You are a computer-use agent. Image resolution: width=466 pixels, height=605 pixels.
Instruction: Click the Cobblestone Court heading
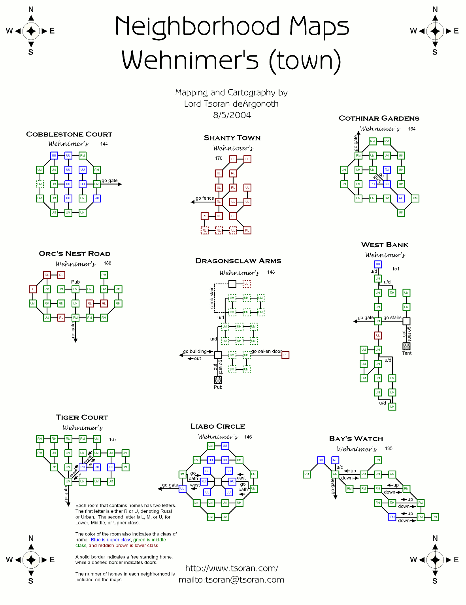click(69, 134)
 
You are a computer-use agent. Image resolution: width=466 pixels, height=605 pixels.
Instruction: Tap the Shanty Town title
click(232, 138)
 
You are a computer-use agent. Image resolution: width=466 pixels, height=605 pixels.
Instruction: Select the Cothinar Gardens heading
click(379, 118)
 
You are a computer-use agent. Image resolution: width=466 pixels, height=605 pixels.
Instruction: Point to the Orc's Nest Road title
click(74, 254)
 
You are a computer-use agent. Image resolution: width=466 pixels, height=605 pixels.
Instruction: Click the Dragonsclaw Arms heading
click(238, 261)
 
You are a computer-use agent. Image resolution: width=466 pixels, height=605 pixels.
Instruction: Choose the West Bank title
click(385, 245)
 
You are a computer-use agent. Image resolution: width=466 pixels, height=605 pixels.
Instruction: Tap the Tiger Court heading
click(82, 418)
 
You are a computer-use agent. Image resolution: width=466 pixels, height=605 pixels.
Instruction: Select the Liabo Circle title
click(217, 426)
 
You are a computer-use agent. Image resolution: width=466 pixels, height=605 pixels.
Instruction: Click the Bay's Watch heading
click(356, 439)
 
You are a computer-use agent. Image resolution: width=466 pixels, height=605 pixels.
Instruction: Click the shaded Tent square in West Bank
click(406, 346)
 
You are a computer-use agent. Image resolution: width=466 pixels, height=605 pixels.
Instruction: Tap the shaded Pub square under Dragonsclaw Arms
click(218, 380)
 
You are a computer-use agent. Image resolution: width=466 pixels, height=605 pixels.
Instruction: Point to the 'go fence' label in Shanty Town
click(205, 199)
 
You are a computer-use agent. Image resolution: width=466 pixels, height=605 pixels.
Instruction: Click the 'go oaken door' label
click(266, 351)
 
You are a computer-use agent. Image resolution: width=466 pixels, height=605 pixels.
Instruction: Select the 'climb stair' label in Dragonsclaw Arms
click(212, 298)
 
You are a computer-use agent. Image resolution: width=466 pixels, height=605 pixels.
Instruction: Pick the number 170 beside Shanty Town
click(219, 158)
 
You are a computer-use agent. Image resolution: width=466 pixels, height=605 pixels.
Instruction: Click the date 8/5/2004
click(232, 115)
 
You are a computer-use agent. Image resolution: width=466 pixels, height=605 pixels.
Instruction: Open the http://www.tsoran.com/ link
click(232, 568)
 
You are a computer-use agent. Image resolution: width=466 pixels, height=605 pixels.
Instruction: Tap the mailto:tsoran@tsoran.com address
click(231, 580)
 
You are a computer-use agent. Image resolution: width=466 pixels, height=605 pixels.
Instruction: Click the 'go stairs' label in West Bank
click(392, 318)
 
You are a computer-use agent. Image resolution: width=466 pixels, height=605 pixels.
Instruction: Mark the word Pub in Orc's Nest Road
click(75, 282)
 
